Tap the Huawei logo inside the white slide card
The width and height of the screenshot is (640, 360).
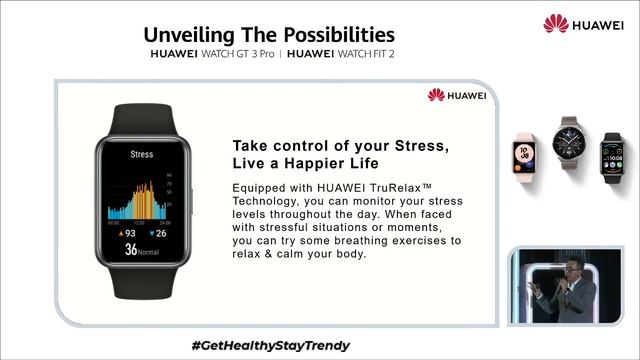[x=456, y=95]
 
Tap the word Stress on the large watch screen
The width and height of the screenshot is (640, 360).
[x=142, y=154]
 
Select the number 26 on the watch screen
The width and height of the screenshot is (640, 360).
[x=164, y=233]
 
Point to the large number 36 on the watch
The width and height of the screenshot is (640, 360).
[x=131, y=250]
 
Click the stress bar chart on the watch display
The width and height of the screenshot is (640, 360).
[x=144, y=199]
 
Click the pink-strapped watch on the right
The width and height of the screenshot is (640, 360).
[x=525, y=152]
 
